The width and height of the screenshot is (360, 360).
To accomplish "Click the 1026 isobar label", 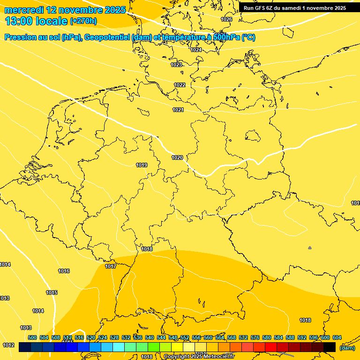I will [226, 19].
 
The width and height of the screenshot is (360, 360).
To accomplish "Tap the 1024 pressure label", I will [196, 50].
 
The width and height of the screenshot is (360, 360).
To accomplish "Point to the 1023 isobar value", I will [176, 65].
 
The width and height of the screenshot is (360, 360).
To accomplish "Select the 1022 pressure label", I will [180, 85].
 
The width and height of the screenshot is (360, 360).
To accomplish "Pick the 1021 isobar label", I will [178, 110].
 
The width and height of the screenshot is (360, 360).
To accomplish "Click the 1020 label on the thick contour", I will [177, 157].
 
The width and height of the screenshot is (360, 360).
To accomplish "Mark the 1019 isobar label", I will [142, 165].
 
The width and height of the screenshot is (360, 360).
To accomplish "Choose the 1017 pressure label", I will [111, 266].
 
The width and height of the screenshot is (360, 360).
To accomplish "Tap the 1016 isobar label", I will [64, 271].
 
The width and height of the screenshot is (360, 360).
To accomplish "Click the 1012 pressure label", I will [8, 345].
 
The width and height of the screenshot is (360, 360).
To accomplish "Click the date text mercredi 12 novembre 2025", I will [65, 10].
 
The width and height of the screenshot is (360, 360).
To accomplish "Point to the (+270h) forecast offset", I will [83, 21].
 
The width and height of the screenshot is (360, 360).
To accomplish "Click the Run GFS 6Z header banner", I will [295, 8].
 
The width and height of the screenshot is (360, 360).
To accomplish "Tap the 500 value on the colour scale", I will [32, 337].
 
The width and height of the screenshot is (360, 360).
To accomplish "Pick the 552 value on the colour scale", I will [185, 337].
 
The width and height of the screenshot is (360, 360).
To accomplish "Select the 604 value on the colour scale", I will [337, 337].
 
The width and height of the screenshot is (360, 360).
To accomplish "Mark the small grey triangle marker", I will [310, 247].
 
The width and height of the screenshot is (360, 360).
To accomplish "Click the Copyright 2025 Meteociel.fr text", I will [199, 357].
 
